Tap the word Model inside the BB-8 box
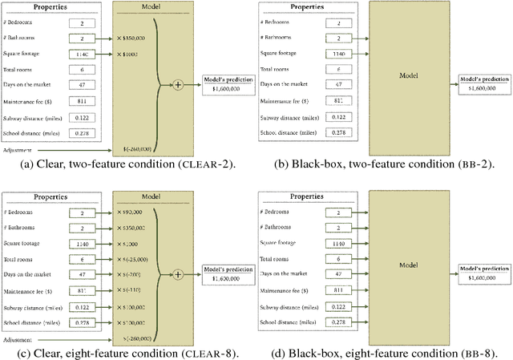410,265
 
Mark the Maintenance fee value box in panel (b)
340,101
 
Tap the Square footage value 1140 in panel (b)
340,55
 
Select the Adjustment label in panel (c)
18,339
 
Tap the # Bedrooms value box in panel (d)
340,213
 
